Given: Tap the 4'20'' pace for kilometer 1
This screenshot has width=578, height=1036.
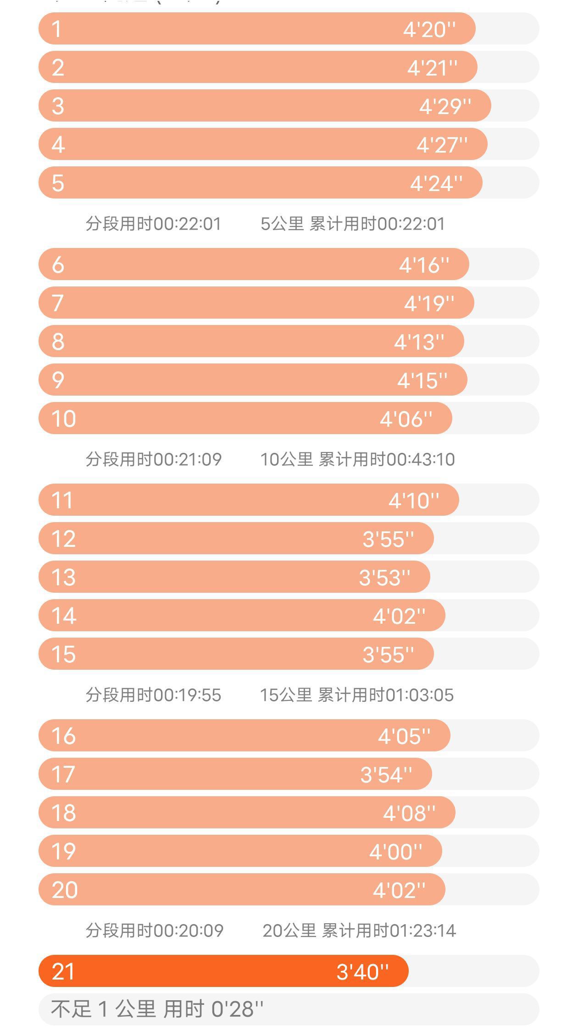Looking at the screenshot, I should (429, 30).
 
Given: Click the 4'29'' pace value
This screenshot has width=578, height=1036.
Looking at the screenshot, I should (445, 107).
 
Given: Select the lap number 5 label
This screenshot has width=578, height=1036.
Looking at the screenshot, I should (58, 183).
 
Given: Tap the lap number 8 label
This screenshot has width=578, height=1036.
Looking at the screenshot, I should (58, 342).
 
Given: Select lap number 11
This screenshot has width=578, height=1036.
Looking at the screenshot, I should (62, 501).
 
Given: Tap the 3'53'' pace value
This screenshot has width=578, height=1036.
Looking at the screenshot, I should (384, 578).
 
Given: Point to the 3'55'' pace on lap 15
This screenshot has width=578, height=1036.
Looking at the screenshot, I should (388, 655).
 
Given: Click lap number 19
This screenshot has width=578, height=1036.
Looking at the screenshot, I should (63, 852).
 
